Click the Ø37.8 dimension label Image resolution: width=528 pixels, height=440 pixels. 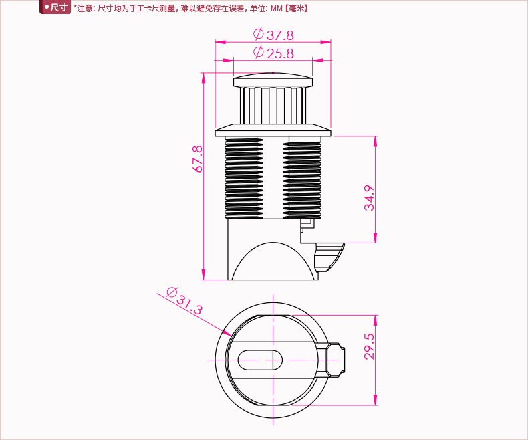pos(273,34)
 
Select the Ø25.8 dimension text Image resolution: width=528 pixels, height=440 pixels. pos(273,53)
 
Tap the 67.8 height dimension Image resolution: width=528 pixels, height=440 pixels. pos(198,159)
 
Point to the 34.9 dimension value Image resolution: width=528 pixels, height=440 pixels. pos(370,198)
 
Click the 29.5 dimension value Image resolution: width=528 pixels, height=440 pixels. pos(370,346)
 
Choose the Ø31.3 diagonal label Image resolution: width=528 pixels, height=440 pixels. pos(184,300)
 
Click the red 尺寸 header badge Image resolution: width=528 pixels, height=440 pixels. pos(55,7)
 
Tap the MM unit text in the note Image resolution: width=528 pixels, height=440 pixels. pos(277,9)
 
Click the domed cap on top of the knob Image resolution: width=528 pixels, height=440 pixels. pos(273,80)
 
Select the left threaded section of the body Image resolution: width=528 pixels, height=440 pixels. pos(243,179)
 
